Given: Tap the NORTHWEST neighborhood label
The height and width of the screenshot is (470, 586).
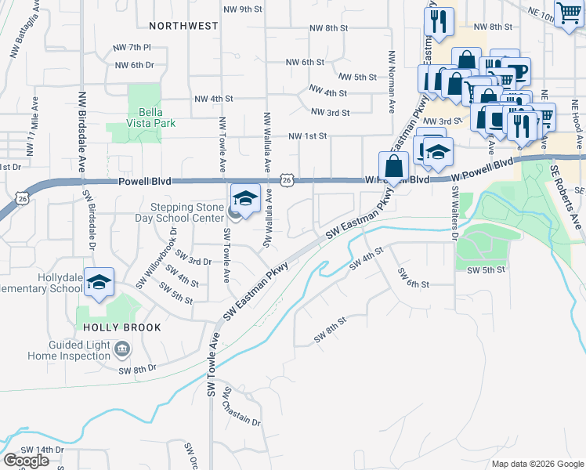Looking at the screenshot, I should (x=185, y=26).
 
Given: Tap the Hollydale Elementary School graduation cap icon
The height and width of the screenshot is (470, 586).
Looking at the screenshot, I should (x=99, y=284).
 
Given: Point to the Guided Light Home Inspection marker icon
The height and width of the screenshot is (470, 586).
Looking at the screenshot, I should (x=122, y=348).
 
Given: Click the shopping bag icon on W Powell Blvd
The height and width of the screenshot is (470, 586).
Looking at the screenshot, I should (x=393, y=168).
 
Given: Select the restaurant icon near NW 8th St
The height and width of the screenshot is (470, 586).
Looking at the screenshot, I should (x=439, y=22).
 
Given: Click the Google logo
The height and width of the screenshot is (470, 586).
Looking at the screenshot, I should (x=26, y=461).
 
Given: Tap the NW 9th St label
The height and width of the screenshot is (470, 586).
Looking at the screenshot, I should (x=241, y=9).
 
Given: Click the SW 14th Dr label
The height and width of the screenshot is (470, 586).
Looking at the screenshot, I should (x=42, y=450).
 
